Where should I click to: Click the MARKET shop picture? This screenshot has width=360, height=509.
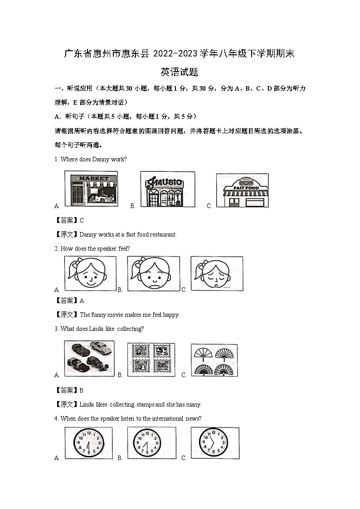tap(91, 189)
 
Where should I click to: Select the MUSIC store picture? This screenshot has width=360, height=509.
tap(167, 189)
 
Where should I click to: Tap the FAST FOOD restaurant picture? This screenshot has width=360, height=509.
tap(242, 190)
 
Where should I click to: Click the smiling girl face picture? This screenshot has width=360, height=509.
tap(90, 273)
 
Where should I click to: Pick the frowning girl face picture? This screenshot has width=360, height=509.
tap(153, 273)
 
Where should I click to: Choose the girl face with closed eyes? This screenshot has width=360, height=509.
tap(216, 273)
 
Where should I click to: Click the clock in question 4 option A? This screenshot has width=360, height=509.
tap(89, 443)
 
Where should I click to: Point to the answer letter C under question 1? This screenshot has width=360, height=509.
tap(82, 220)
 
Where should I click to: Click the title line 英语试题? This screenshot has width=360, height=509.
tap(180, 72)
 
